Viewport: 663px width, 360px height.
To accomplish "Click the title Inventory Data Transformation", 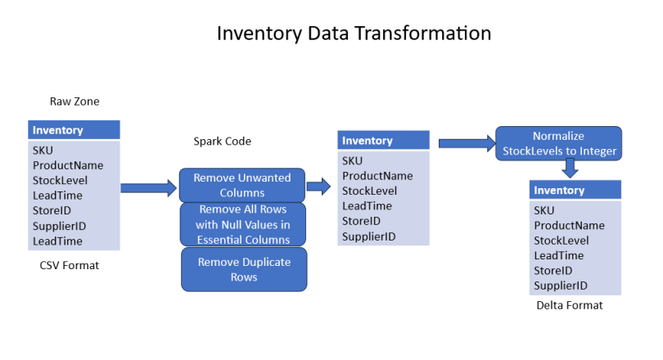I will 353,34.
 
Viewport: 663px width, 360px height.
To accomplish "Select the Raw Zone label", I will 74,101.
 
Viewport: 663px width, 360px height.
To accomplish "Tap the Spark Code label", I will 222,141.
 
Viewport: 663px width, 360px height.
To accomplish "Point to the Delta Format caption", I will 569,305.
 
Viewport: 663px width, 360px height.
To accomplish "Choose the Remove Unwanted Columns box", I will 241,185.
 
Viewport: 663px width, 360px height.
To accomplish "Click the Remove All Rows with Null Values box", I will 243,224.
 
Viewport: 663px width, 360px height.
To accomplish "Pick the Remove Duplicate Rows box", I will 243,269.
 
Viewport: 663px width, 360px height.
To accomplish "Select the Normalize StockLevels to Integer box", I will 558,143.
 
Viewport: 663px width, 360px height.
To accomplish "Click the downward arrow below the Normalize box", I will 571,169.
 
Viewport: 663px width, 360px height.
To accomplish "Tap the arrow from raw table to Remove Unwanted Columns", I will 148,188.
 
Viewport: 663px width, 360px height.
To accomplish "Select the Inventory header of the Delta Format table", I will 559,191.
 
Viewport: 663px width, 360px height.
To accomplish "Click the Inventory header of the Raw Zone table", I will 58,130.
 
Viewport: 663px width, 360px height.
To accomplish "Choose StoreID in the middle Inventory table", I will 360,221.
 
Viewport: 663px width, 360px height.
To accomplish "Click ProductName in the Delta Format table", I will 569,225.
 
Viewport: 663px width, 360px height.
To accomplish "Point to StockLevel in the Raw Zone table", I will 60,180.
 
